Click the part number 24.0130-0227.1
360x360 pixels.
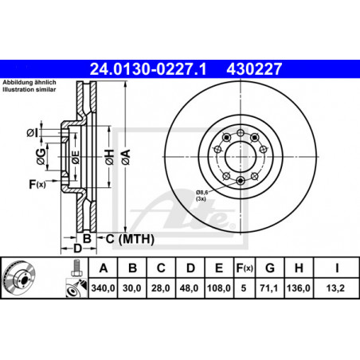pos(148,69)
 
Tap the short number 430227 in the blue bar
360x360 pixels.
pos(254,69)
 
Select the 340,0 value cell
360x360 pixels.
pos(103,288)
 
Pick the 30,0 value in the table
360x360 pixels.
pos(132,288)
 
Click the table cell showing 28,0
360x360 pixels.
pos(161,288)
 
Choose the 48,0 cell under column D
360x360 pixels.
pos(190,288)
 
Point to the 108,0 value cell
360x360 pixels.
pos(219,288)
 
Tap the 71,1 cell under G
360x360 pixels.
pos(269,288)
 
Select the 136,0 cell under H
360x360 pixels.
pos(299,288)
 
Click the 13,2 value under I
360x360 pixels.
pos(336,288)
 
